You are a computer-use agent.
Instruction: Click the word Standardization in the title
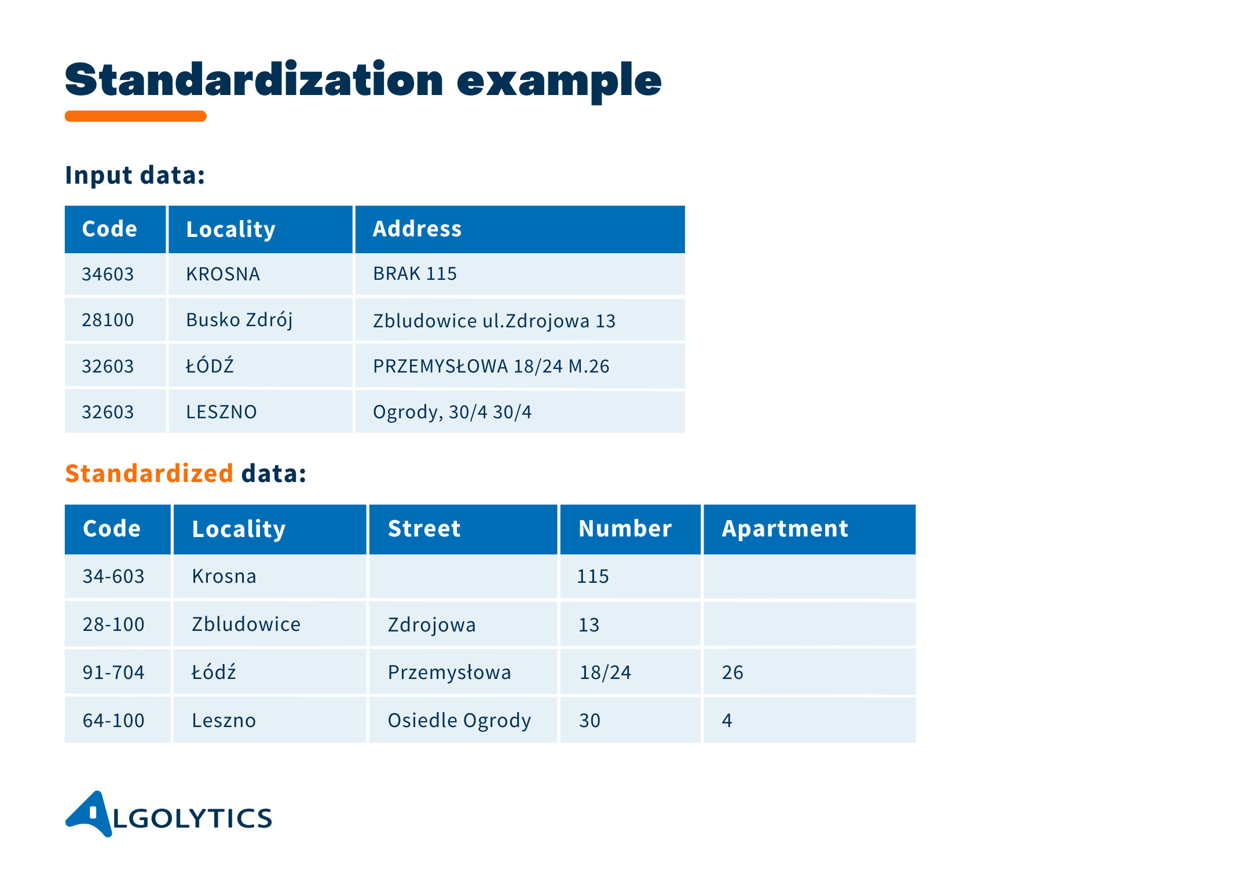pyautogui.click(x=254, y=80)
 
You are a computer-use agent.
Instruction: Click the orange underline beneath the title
pyautogui.click(x=136, y=116)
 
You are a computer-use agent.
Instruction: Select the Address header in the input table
pyautogui.click(x=417, y=229)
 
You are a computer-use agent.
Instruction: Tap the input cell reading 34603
pyautogui.click(x=108, y=274)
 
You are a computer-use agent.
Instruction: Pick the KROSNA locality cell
pyautogui.click(x=223, y=274)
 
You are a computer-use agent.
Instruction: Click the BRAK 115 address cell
pyautogui.click(x=415, y=273)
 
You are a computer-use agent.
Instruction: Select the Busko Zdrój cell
pyautogui.click(x=239, y=320)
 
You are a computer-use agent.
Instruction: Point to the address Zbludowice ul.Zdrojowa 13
pyautogui.click(x=494, y=321)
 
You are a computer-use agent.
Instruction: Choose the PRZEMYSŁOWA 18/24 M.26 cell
pyautogui.click(x=491, y=366)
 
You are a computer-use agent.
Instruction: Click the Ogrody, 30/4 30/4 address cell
pyautogui.click(x=452, y=412)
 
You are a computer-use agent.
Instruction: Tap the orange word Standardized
pyautogui.click(x=149, y=473)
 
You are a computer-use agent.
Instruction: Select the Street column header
pyautogui.click(x=424, y=529)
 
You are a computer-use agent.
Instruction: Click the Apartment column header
pyautogui.click(x=785, y=529)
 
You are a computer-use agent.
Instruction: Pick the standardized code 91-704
pyautogui.click(x=113, y=672)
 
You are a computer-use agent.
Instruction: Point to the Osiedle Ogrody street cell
pyautogui.click(x=459, y=720)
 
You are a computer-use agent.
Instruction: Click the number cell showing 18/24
pyautogui.click(x=605, y=672)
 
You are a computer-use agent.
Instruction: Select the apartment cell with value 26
pyautogui.click(x=733, y=672)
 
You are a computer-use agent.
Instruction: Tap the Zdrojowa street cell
pyautogui.click(x=431, y=625)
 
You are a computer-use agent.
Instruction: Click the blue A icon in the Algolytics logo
pyautogui.click(x=90, y=813)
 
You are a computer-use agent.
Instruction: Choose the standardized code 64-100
pyautogui.click(x=113, y=720)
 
